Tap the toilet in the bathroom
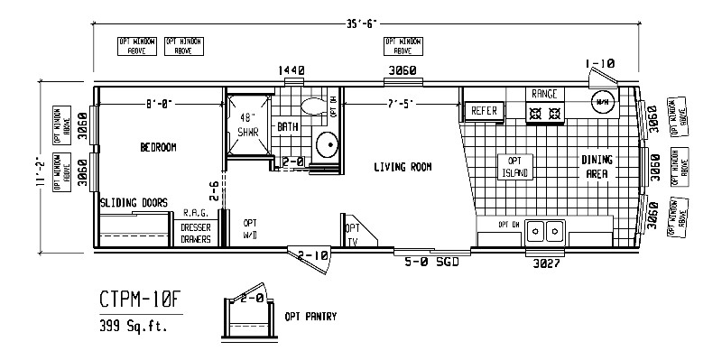[312, 107]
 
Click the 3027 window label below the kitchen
[544, 261]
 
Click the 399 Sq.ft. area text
[134, 326]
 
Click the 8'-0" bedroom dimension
[159, 102]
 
